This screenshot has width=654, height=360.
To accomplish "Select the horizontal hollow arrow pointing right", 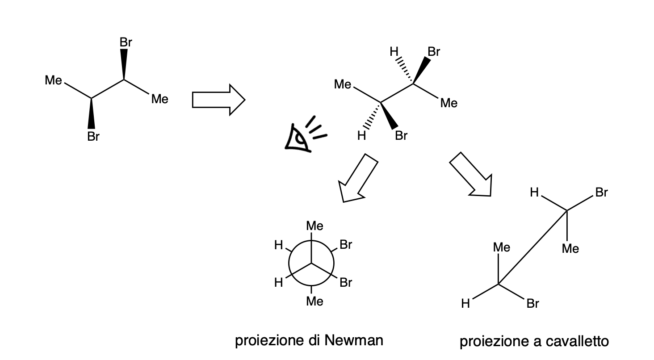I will pyautogui.click(x=218, y=99).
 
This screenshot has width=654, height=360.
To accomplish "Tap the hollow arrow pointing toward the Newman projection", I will pyautogui.click(x=358, y=178).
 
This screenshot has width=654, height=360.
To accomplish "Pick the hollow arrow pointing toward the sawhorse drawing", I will pyautogui.click(x=472, y=175).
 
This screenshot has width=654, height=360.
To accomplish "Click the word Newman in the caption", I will pyautogui.click(x=354, y=341).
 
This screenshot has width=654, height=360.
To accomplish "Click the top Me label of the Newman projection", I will pyautogui.click(x=314, y=226).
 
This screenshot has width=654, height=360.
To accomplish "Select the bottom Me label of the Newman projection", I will pyautogui.click(x=314, y=302).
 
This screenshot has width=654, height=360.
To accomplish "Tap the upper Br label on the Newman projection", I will pyautogui.click(x=346, y=245).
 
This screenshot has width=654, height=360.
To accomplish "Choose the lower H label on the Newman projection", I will pyautogui.click(x=279, y=283).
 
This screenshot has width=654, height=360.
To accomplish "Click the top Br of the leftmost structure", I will pyautogui.click(x=126, y=43).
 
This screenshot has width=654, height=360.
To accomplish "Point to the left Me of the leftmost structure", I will pyautogui.click(x=53, y=81).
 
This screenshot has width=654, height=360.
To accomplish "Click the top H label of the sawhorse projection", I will pyautogui.click(x=534, y=193).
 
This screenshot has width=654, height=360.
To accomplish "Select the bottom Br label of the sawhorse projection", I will pyautogui.click(x=533, y=304).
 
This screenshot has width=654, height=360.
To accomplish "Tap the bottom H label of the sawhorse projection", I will pyautogui.click(x=465, y=304).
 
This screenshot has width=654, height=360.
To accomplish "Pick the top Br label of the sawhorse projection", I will pyautogui.click(x=601, y=193).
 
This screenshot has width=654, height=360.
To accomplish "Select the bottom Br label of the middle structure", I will pyautogui.click(x=401, y=136).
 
